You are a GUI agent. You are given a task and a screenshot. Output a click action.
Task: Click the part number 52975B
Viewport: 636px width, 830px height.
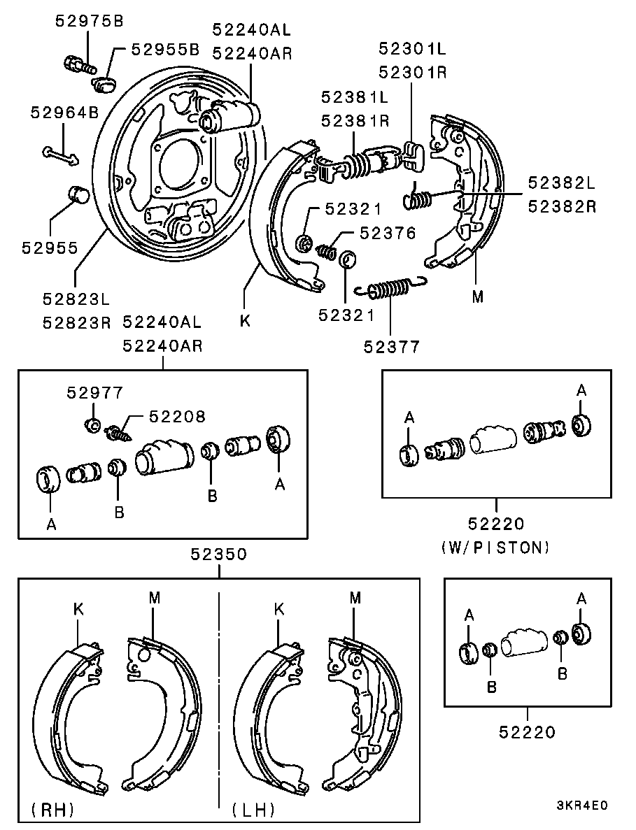(x=90, y=21)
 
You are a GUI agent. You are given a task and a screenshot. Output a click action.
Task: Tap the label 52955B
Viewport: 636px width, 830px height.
(x=165, y=49)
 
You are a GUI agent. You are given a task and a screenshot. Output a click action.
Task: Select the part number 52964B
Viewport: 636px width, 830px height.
(x=64, y=112)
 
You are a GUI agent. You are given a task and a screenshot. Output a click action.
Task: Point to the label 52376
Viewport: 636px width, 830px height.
(x=388, y=233)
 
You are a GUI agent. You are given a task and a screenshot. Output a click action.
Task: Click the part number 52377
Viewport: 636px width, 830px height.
(x=392, y=347)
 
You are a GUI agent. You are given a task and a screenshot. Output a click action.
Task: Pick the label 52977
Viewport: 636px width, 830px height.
(x=94, y=392)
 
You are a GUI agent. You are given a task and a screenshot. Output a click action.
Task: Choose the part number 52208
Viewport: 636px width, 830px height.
(x=177, y=417)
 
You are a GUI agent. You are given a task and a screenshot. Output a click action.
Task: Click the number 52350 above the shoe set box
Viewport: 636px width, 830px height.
(x=219, y=554)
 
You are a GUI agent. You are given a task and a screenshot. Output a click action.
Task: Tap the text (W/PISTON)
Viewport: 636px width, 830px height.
(x=495, y=548)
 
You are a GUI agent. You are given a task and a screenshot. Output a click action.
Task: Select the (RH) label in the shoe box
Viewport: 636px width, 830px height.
(x=53, y=809)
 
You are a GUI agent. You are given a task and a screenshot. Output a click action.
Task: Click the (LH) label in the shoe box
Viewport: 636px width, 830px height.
(x=253, y=809)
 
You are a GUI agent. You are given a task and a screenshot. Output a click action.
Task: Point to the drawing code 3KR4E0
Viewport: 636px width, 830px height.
(x=581, y=806)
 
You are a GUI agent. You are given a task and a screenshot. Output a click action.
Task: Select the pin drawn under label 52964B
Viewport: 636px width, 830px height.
(x=60, y=155)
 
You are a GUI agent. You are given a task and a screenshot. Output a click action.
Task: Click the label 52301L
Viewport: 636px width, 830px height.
(x=413, y=49)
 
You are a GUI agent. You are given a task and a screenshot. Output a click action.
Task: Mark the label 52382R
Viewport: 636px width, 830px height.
(x=562, y=206)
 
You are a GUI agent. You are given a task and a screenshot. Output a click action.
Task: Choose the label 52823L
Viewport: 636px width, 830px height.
(x=76, y=299)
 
